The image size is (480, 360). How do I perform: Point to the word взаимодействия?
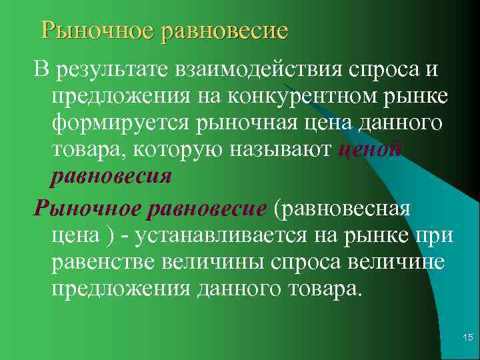click(257, 69)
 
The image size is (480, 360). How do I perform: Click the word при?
click(438, 235)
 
